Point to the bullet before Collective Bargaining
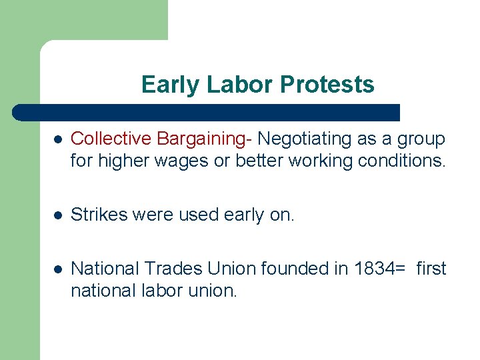pyautogui.click(x=59, y=140)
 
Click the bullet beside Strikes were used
pyautogui.click(x=59, y=215)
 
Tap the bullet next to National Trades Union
pyautogui.click(x=59, y=269)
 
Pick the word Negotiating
pyautogui.click(x=304, y=139)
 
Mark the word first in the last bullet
pyautogui.click(x=431, y=269)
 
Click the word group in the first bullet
pyautogui.click(x=421, y=139)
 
